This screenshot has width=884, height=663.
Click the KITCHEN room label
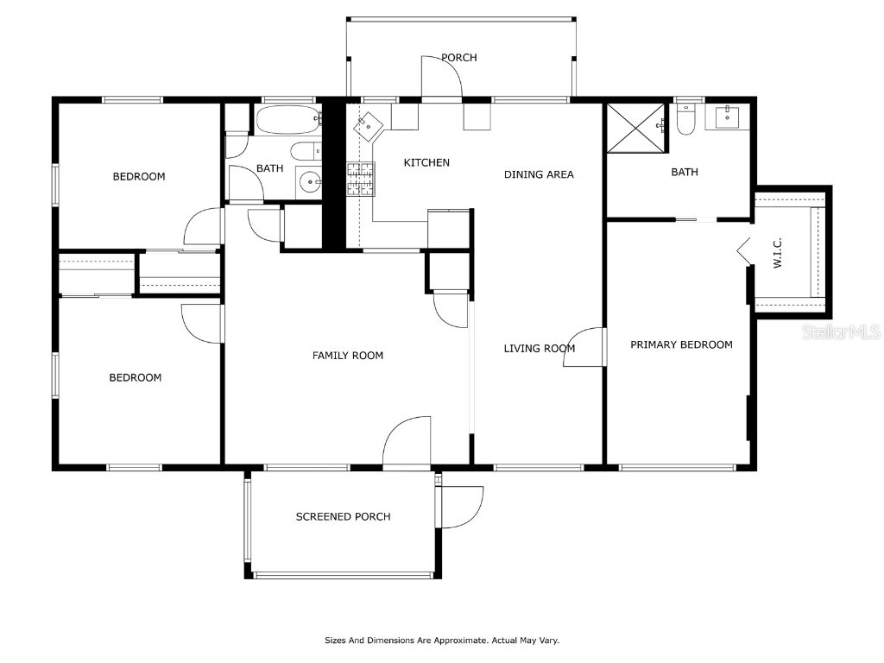pyautogui.click(x=426, y=162)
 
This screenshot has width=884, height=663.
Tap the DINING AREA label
pyautogui.click(x=539, y=174)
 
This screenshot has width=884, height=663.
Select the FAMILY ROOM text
pyautogui.click(x=347, y=355)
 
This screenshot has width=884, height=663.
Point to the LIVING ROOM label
pyautogui.click(x=539, y=349)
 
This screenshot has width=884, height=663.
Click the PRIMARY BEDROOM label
pyautogui.click(x=681, y=344)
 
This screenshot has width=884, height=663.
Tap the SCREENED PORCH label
pyautogui.click(x=343, y=516)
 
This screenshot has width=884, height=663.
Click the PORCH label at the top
pyautogui.click(x=458, y=58)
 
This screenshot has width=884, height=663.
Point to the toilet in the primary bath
pyautogui.click(x=686, y=122)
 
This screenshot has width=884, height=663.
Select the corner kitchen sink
pyautogui.click(x=369, y=125)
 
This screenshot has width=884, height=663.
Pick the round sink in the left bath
pyautogui.click(x=308, y=181)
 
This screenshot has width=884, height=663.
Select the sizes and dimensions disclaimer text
pyautogui.click(x=442, y=641)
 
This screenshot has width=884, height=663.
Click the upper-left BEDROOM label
pyautogui.click(x=139, y=177)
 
